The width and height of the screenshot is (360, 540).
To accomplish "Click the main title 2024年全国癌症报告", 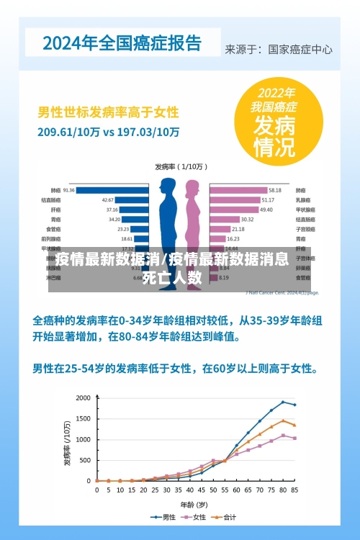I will click(x=122, y=42).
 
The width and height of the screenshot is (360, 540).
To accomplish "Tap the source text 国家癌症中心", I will click(x=300, y=50).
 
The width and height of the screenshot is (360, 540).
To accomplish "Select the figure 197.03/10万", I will click(x=148, y=132).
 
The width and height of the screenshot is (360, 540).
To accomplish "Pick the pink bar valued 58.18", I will click(x=238, y=190).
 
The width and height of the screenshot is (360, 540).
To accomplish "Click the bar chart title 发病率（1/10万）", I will click(x=180, y=166).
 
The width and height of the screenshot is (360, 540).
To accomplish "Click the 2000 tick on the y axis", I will click(x=84, y=398).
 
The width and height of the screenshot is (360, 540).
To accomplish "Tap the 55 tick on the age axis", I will click(x=224, y=490).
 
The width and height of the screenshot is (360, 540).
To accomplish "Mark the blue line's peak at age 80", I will click(x=283, y=402).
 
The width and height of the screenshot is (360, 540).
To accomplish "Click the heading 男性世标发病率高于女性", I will click(x=108, y=113).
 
